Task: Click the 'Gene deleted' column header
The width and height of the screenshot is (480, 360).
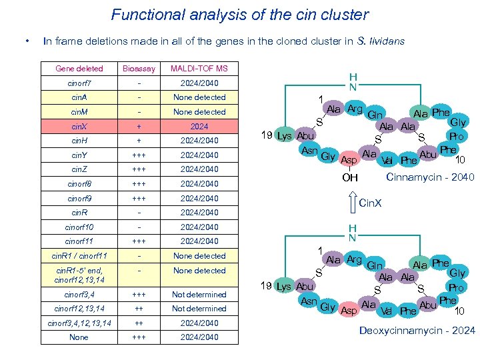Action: (79, 68)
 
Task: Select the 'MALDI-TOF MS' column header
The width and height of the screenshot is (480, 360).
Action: (199, 68)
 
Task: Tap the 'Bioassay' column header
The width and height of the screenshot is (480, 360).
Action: (139, 68)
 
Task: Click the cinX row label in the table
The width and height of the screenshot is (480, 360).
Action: (79, 126)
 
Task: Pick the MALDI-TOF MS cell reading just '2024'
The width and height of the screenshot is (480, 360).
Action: (199, 126)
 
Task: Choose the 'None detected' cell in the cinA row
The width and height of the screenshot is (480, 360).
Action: (199, 97)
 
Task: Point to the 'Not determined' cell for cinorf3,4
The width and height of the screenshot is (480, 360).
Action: (199, 294)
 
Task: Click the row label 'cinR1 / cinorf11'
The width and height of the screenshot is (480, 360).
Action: (79, 256)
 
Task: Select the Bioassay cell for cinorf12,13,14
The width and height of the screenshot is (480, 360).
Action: (139, 309)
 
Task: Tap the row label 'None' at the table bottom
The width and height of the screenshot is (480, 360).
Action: (79, 337)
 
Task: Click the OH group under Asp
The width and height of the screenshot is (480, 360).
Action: (350, 177)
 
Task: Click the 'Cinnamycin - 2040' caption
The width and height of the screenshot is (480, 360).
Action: (431, 177)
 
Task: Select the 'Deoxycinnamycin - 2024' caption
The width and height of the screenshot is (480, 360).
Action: (417, 331)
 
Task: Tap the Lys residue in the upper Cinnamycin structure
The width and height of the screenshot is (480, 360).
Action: (284, 135)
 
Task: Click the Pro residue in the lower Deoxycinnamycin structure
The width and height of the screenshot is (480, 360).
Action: (456, 287)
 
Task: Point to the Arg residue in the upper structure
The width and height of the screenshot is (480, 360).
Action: (354, 109)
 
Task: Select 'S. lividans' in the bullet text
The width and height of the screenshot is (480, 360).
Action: (380, 41)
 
